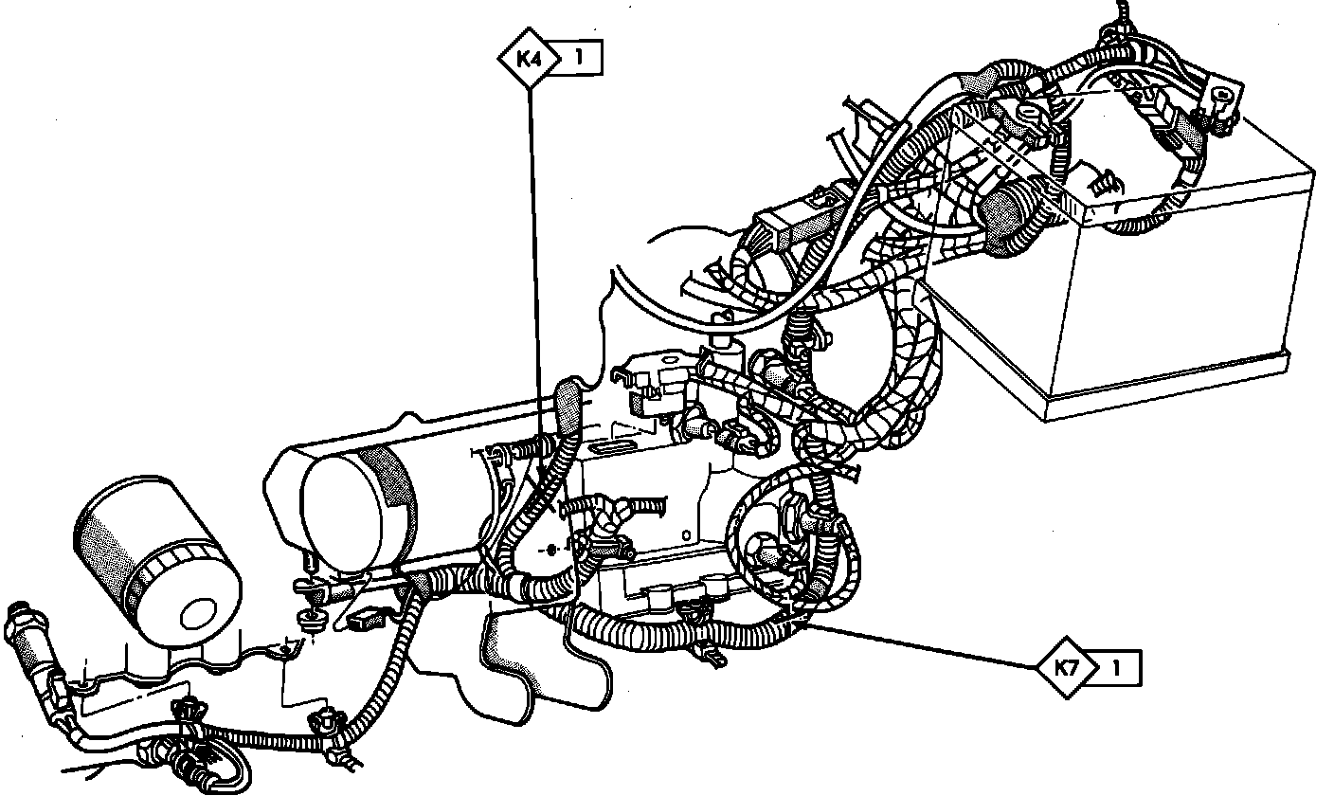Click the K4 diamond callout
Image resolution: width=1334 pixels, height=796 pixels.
[x=529, y=58]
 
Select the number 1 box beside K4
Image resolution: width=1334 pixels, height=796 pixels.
[x=578, y=58]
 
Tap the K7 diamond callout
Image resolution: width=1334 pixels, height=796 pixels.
[x=1068, y=667]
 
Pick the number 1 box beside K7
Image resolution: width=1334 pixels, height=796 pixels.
[x=1117, y=667]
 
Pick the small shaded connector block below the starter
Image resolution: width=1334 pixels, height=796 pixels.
[x=364, y=622]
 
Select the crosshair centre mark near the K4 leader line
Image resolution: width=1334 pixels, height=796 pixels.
[x=553, y=549]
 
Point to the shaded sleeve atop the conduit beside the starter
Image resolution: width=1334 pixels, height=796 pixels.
[x=568, y=403]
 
